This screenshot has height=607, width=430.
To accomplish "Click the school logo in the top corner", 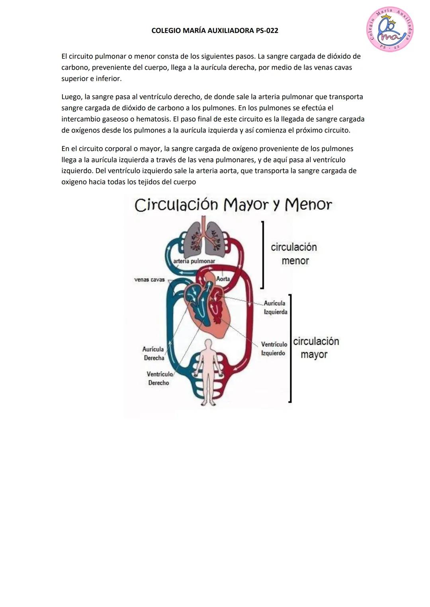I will (390, 29).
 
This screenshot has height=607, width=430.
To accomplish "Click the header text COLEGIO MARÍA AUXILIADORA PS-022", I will (215, 31).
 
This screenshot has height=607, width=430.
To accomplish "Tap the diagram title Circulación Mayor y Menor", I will (233, 205).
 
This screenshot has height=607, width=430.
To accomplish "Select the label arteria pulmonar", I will (194, 261).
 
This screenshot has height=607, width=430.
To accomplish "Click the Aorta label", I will (223, 279).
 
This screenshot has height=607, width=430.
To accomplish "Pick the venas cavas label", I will (149, 279).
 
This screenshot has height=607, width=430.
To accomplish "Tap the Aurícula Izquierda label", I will (275, 308).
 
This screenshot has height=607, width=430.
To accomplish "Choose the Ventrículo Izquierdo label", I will (274, 349).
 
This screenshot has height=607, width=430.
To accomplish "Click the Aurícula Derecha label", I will (154, 353).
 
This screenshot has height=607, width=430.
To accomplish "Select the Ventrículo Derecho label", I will (159, 378).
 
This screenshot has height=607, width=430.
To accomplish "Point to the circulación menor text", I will (294, 254).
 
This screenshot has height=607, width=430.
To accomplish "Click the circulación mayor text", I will (316, 348).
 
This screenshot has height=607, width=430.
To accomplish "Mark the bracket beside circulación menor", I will (262, 254).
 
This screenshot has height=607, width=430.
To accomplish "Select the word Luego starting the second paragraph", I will (70, 97).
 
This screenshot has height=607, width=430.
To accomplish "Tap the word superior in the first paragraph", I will (74, 79).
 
